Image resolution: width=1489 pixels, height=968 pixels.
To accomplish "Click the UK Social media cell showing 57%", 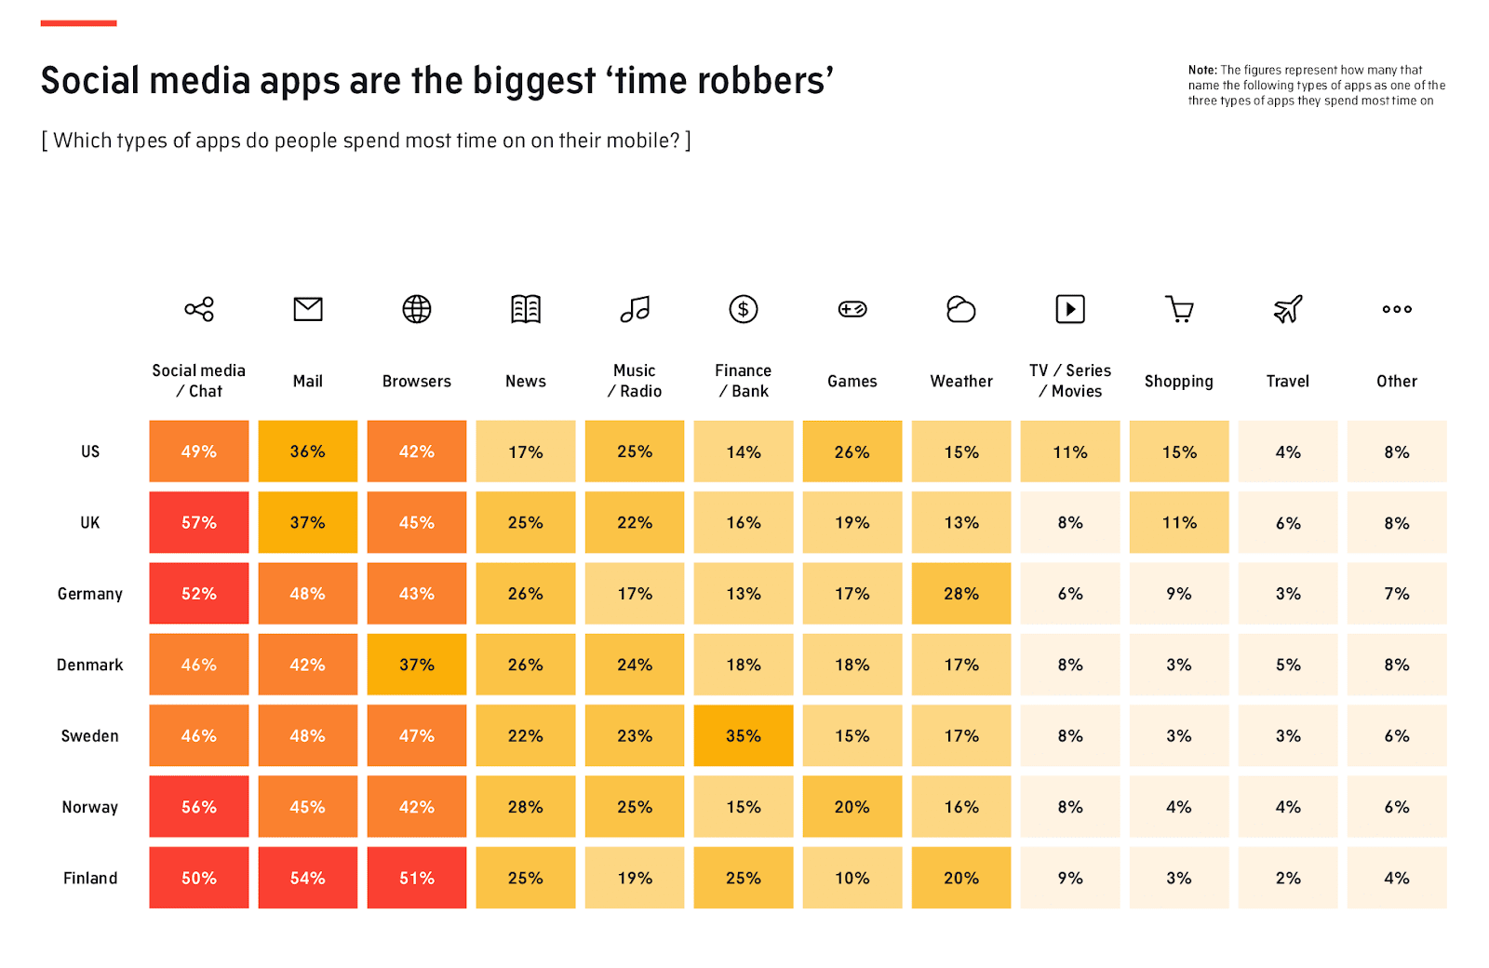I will (198, 522).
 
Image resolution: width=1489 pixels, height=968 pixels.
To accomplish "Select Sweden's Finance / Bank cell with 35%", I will (743, 735).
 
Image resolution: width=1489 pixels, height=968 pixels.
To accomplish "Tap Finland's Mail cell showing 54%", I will (307, 878).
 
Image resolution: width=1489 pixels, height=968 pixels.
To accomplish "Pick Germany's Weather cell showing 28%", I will (960, 594).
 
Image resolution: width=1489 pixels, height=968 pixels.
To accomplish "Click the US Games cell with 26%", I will (852, 451).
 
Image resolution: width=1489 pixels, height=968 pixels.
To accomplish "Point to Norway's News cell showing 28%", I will (525, 807).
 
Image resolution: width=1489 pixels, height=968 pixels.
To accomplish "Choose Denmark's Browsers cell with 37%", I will (416, 665).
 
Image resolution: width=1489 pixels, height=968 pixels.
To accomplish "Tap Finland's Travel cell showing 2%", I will (1287, 878).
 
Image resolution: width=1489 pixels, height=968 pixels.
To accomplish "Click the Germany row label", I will (89, 594).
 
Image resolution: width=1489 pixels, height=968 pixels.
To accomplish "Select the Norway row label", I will (89, 807).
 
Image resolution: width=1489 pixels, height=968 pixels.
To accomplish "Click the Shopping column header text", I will (1178, 382).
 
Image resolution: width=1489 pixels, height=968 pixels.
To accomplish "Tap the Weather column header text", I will (960, 382).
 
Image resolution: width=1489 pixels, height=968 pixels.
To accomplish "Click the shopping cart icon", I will (1179, 309).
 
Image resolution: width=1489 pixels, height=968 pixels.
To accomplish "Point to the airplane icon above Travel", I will (1287, 309).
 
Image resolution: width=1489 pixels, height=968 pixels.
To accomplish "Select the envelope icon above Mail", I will (307, 309).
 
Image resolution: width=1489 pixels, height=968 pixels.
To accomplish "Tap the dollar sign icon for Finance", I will (743, 309).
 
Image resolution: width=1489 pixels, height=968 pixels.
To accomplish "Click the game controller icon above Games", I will (852, 309).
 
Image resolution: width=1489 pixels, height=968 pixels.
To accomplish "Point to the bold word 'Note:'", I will (1201, 70).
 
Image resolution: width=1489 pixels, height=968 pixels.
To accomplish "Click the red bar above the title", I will (78, 22).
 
